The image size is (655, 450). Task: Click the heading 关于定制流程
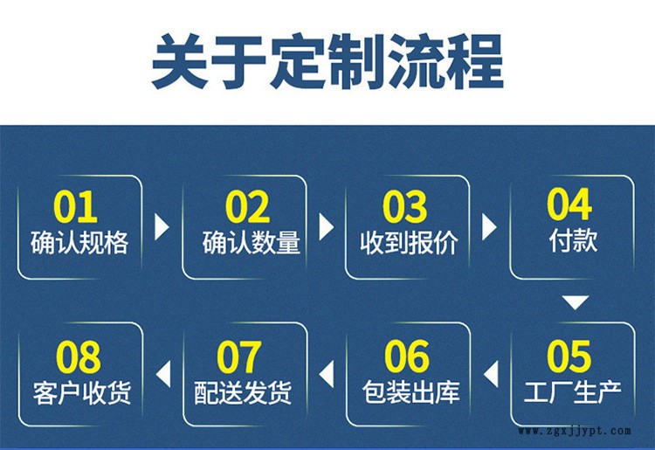(327, 62)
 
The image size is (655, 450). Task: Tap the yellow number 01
(75, 206)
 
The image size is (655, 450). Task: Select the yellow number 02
(247, 206)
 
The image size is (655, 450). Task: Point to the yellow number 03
(404, 206)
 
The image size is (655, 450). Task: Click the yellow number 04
(569, 204)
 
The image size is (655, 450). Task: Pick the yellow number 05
(569, 356)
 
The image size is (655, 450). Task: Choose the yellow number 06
(407, 356)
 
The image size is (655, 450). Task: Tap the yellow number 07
(239, 356)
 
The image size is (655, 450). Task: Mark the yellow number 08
(79, 356)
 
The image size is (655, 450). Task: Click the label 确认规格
(79, 242)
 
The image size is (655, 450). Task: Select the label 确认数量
(252, 242)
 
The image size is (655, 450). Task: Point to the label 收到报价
(409, 242)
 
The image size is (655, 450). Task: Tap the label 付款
(573, 240)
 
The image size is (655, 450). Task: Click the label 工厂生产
(573, 392)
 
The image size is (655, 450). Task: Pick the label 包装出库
(411, 392)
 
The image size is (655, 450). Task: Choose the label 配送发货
(243, 392)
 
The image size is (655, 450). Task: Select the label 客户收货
(82, 392)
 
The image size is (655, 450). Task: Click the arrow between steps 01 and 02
(161, 227)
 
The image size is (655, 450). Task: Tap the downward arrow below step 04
(576, 302)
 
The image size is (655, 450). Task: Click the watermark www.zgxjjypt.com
(575, 431)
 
